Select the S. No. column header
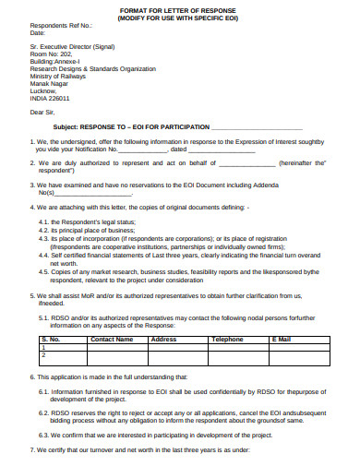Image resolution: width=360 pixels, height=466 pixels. (x=51, y=339)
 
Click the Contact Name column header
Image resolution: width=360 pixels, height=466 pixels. (x=112, y=339)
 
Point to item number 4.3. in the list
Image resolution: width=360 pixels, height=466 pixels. (x=44, y=237)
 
